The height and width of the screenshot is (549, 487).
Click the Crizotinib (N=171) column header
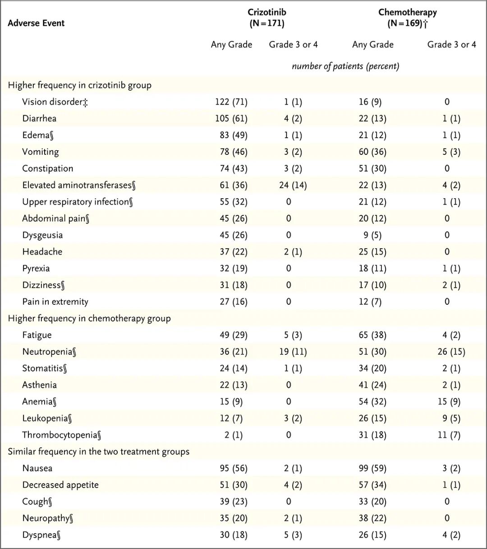pos(267,18)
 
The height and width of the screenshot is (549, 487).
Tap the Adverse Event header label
pos(36,23)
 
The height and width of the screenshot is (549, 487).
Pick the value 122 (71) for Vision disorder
pos(231,102)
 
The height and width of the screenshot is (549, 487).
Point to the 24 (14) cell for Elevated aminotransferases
pos(293,185)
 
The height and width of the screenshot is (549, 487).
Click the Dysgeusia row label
pos(42,235)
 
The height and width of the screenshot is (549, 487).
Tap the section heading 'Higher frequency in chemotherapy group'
pos(89,318)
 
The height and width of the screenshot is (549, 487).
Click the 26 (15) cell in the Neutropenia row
pos(451,352)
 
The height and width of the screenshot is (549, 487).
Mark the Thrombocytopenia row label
pos(61,435)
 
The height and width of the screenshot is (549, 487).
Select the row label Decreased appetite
pos(60,485)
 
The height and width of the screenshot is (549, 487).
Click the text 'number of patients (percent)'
pos(345,66)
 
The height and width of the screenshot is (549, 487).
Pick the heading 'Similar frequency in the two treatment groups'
pos(98,451)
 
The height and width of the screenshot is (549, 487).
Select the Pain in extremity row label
pos(55,302)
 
